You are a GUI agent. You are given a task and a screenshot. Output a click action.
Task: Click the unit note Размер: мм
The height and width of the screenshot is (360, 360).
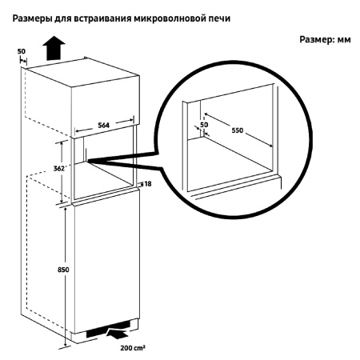tap(325, 40)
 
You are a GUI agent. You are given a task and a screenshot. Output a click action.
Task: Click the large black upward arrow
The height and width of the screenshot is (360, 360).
tap(54, 48)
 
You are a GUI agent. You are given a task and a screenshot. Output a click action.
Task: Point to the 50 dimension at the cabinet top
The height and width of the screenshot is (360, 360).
tap(22, 51)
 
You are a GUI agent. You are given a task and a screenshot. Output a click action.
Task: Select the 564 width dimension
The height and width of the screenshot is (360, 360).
tap(103, 125)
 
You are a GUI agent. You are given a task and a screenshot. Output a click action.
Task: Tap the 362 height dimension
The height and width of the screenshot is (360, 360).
tap(59, 169)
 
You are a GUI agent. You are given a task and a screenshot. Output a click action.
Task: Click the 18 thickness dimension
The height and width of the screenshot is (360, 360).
tap(147, 184)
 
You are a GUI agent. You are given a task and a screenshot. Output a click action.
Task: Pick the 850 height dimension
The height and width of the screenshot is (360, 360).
tap(63, 270)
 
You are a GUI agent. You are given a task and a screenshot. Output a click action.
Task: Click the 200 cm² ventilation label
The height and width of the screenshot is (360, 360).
tap(133, 348)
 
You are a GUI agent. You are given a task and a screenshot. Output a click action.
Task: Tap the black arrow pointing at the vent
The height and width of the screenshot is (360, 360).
tap(117, 334)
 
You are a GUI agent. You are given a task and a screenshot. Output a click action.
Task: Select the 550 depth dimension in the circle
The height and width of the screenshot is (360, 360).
tap(238, 130)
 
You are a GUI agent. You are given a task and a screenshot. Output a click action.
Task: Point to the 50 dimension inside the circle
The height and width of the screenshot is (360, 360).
tap(204, 125)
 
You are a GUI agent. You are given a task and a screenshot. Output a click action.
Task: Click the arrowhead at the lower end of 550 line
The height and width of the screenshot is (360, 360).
tap(271, 146)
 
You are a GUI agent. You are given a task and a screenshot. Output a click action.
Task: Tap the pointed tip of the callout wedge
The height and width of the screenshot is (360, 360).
tap(87, 160)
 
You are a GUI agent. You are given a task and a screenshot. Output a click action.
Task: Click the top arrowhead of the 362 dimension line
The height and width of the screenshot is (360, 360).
tap(62, 143)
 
